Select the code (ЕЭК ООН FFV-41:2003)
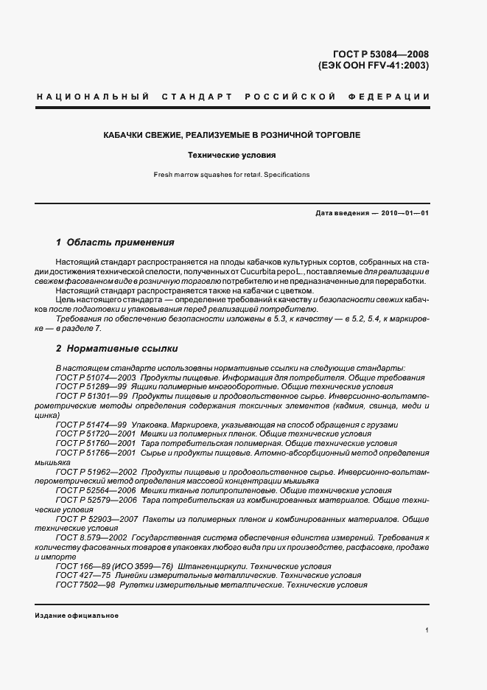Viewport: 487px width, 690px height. point(374,65)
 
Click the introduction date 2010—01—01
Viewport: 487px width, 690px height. point(405,213)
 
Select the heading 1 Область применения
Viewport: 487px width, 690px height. point(115,242)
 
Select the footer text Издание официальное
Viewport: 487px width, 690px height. point(76,616)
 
